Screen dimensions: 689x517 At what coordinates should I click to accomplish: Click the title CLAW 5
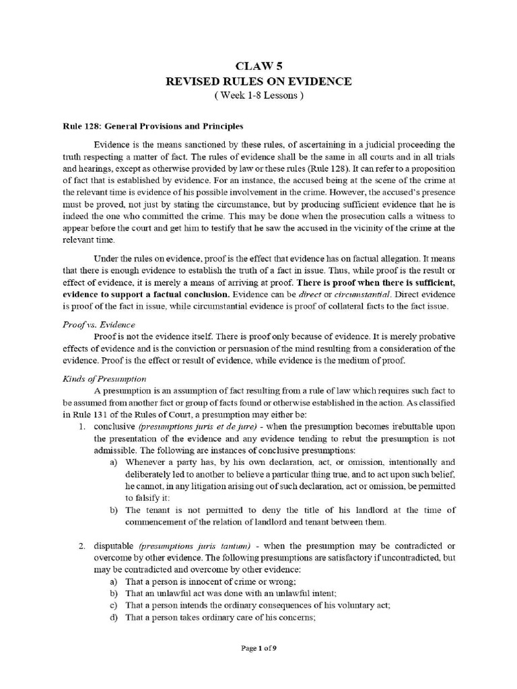click(x=258, y=65)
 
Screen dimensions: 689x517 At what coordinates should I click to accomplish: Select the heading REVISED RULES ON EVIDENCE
click(x=258, y=81)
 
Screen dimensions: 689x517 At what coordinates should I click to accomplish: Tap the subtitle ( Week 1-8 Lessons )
click(x=258, y=97)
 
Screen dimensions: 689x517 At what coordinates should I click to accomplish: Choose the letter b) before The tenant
click(x=113, y=511)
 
